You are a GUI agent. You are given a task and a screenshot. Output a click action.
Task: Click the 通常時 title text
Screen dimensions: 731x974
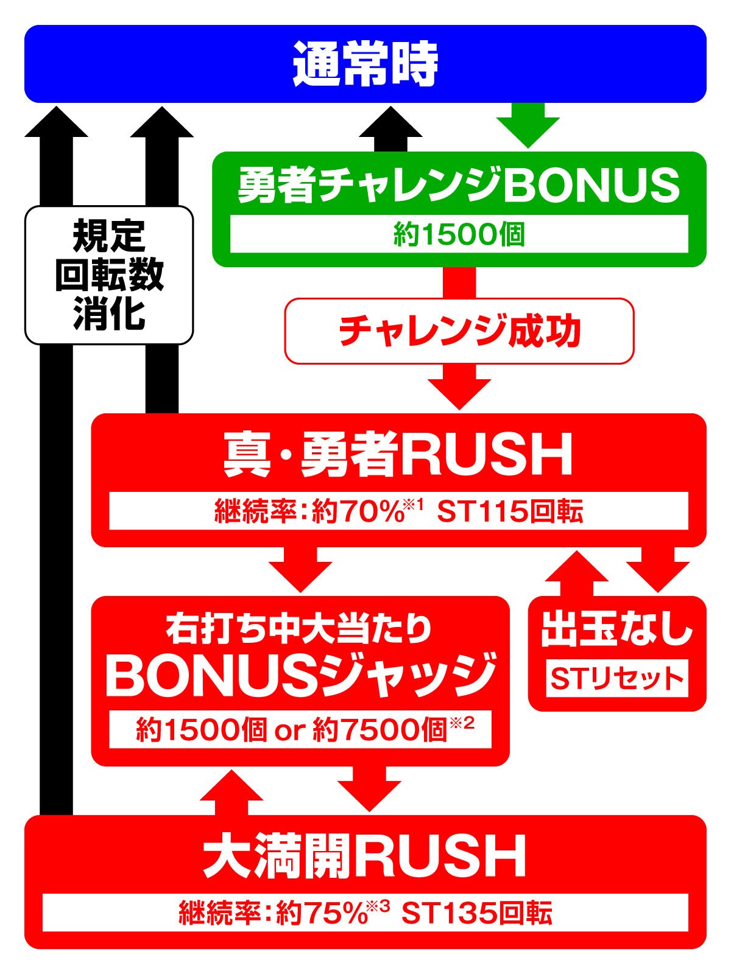coord(365,64)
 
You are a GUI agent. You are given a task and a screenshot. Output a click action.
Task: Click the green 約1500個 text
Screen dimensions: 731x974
coord(459,234)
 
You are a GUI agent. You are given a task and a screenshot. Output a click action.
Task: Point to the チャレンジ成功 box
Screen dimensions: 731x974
coord(459,331)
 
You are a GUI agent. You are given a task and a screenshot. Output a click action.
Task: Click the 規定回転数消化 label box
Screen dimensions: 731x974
coord(109,275)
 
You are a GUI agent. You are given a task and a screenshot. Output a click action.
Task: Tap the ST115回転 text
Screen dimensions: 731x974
coord(510,512)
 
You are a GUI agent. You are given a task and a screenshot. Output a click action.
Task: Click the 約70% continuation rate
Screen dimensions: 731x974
coord(357,512)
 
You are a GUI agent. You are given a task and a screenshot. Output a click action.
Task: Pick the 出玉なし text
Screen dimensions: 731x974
coord(616,631)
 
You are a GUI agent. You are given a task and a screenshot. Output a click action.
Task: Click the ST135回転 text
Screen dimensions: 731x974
coord(477,913)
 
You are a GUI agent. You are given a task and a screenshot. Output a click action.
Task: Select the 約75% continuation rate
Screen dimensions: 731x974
coord(322,913)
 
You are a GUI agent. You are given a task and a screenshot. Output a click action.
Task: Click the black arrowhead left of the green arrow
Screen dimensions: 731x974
coord(390,122)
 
